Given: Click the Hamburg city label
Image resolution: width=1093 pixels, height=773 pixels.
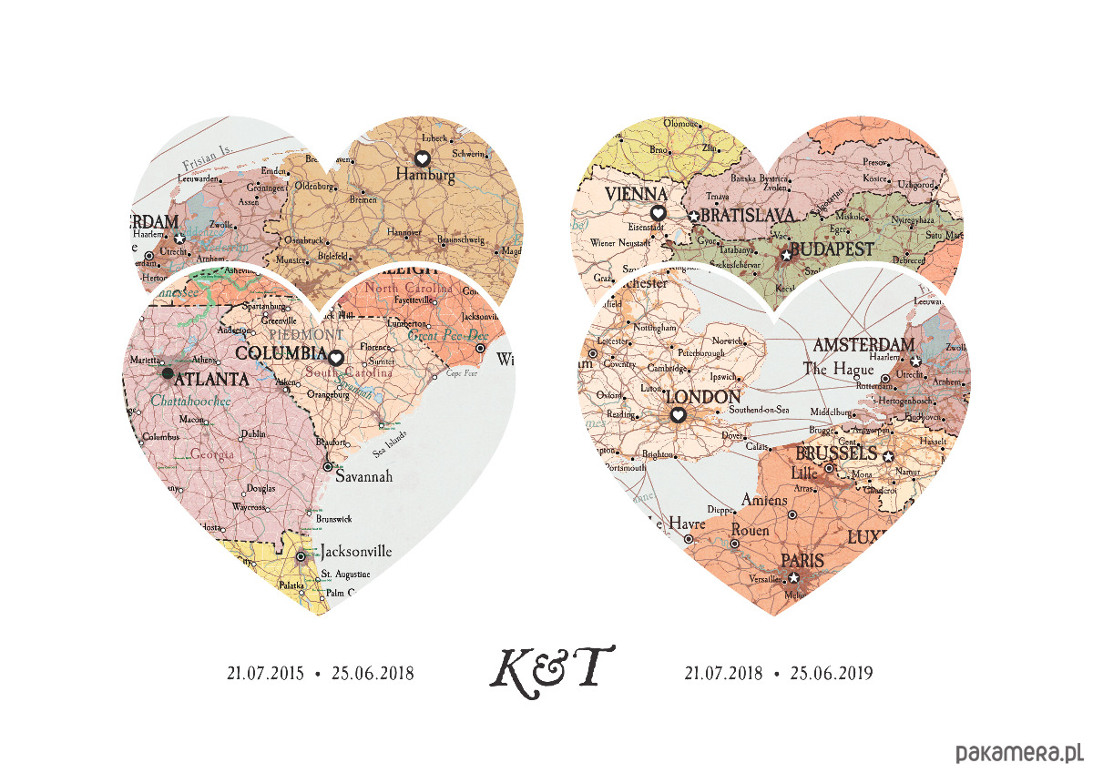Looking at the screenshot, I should tap(424, 176).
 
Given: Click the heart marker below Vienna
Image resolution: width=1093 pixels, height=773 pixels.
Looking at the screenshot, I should tap(659, 213).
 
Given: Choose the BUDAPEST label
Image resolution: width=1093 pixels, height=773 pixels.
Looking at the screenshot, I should tap(832, 249).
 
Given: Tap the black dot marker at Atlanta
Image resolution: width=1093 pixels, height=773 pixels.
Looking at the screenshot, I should tap(167, 373).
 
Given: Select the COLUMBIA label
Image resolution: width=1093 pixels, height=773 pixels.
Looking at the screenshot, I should tap(280, 353).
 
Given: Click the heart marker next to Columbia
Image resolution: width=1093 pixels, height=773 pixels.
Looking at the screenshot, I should tap(335, 358).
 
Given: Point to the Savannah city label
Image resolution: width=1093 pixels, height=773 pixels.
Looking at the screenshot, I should tap(364, 476).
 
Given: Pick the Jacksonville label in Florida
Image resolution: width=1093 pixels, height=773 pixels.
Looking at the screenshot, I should tap(356, 551).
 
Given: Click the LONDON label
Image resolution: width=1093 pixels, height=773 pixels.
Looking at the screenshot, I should tap(703, 398).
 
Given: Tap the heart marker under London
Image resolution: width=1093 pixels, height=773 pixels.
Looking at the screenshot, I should tap(678, 415).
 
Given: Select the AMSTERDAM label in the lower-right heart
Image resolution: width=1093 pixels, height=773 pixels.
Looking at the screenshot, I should tap(863, 345).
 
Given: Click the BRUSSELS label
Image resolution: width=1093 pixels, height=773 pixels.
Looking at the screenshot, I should tap(835, 453).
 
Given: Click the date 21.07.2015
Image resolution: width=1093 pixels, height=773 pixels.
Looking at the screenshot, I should tap(264, 674).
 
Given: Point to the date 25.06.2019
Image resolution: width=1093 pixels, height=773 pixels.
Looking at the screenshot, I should tap(832, 674).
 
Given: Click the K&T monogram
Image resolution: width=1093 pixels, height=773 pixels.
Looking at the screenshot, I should tap(551, 668).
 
